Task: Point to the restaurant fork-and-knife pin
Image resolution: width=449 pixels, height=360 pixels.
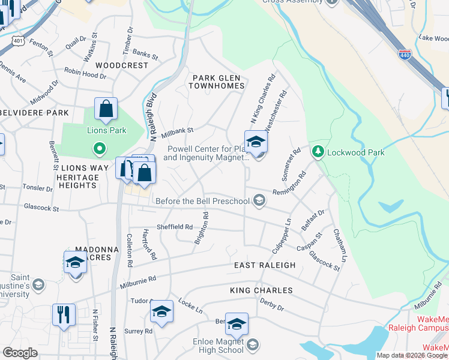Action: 64,314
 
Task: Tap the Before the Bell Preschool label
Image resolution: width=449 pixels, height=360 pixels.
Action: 203,201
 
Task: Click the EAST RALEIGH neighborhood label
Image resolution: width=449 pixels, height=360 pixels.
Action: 265,265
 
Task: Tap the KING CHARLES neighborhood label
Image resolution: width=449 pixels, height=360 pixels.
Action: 261,290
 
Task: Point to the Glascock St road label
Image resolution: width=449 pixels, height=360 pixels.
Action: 41,209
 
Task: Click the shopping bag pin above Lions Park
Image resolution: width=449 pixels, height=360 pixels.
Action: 106,110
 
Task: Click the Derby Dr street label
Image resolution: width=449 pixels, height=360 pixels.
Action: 272,305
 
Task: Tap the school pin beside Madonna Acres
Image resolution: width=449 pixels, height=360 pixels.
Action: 75,263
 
